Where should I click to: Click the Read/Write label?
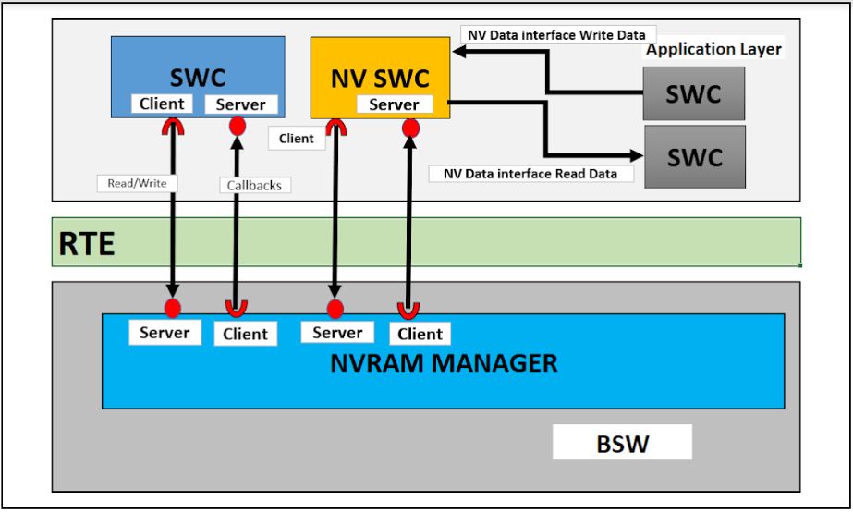(137, 183)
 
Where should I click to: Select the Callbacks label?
(254, 185)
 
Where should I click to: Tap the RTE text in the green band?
(87, 243)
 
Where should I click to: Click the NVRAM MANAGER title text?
(444, 363)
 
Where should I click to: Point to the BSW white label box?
(622, 443)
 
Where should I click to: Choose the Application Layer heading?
(713, 49)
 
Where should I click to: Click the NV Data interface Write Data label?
(557, 34)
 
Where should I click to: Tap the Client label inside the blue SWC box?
(162, 104)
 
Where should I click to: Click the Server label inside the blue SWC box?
(240, 104)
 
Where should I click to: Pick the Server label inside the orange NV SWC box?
(394, 104)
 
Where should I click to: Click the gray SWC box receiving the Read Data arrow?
(695, 156)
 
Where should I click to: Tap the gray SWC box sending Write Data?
(694, 94)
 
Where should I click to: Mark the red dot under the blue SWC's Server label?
(238, 125)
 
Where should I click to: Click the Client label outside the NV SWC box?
(296, 139)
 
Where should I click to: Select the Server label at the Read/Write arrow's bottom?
(165, 333)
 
